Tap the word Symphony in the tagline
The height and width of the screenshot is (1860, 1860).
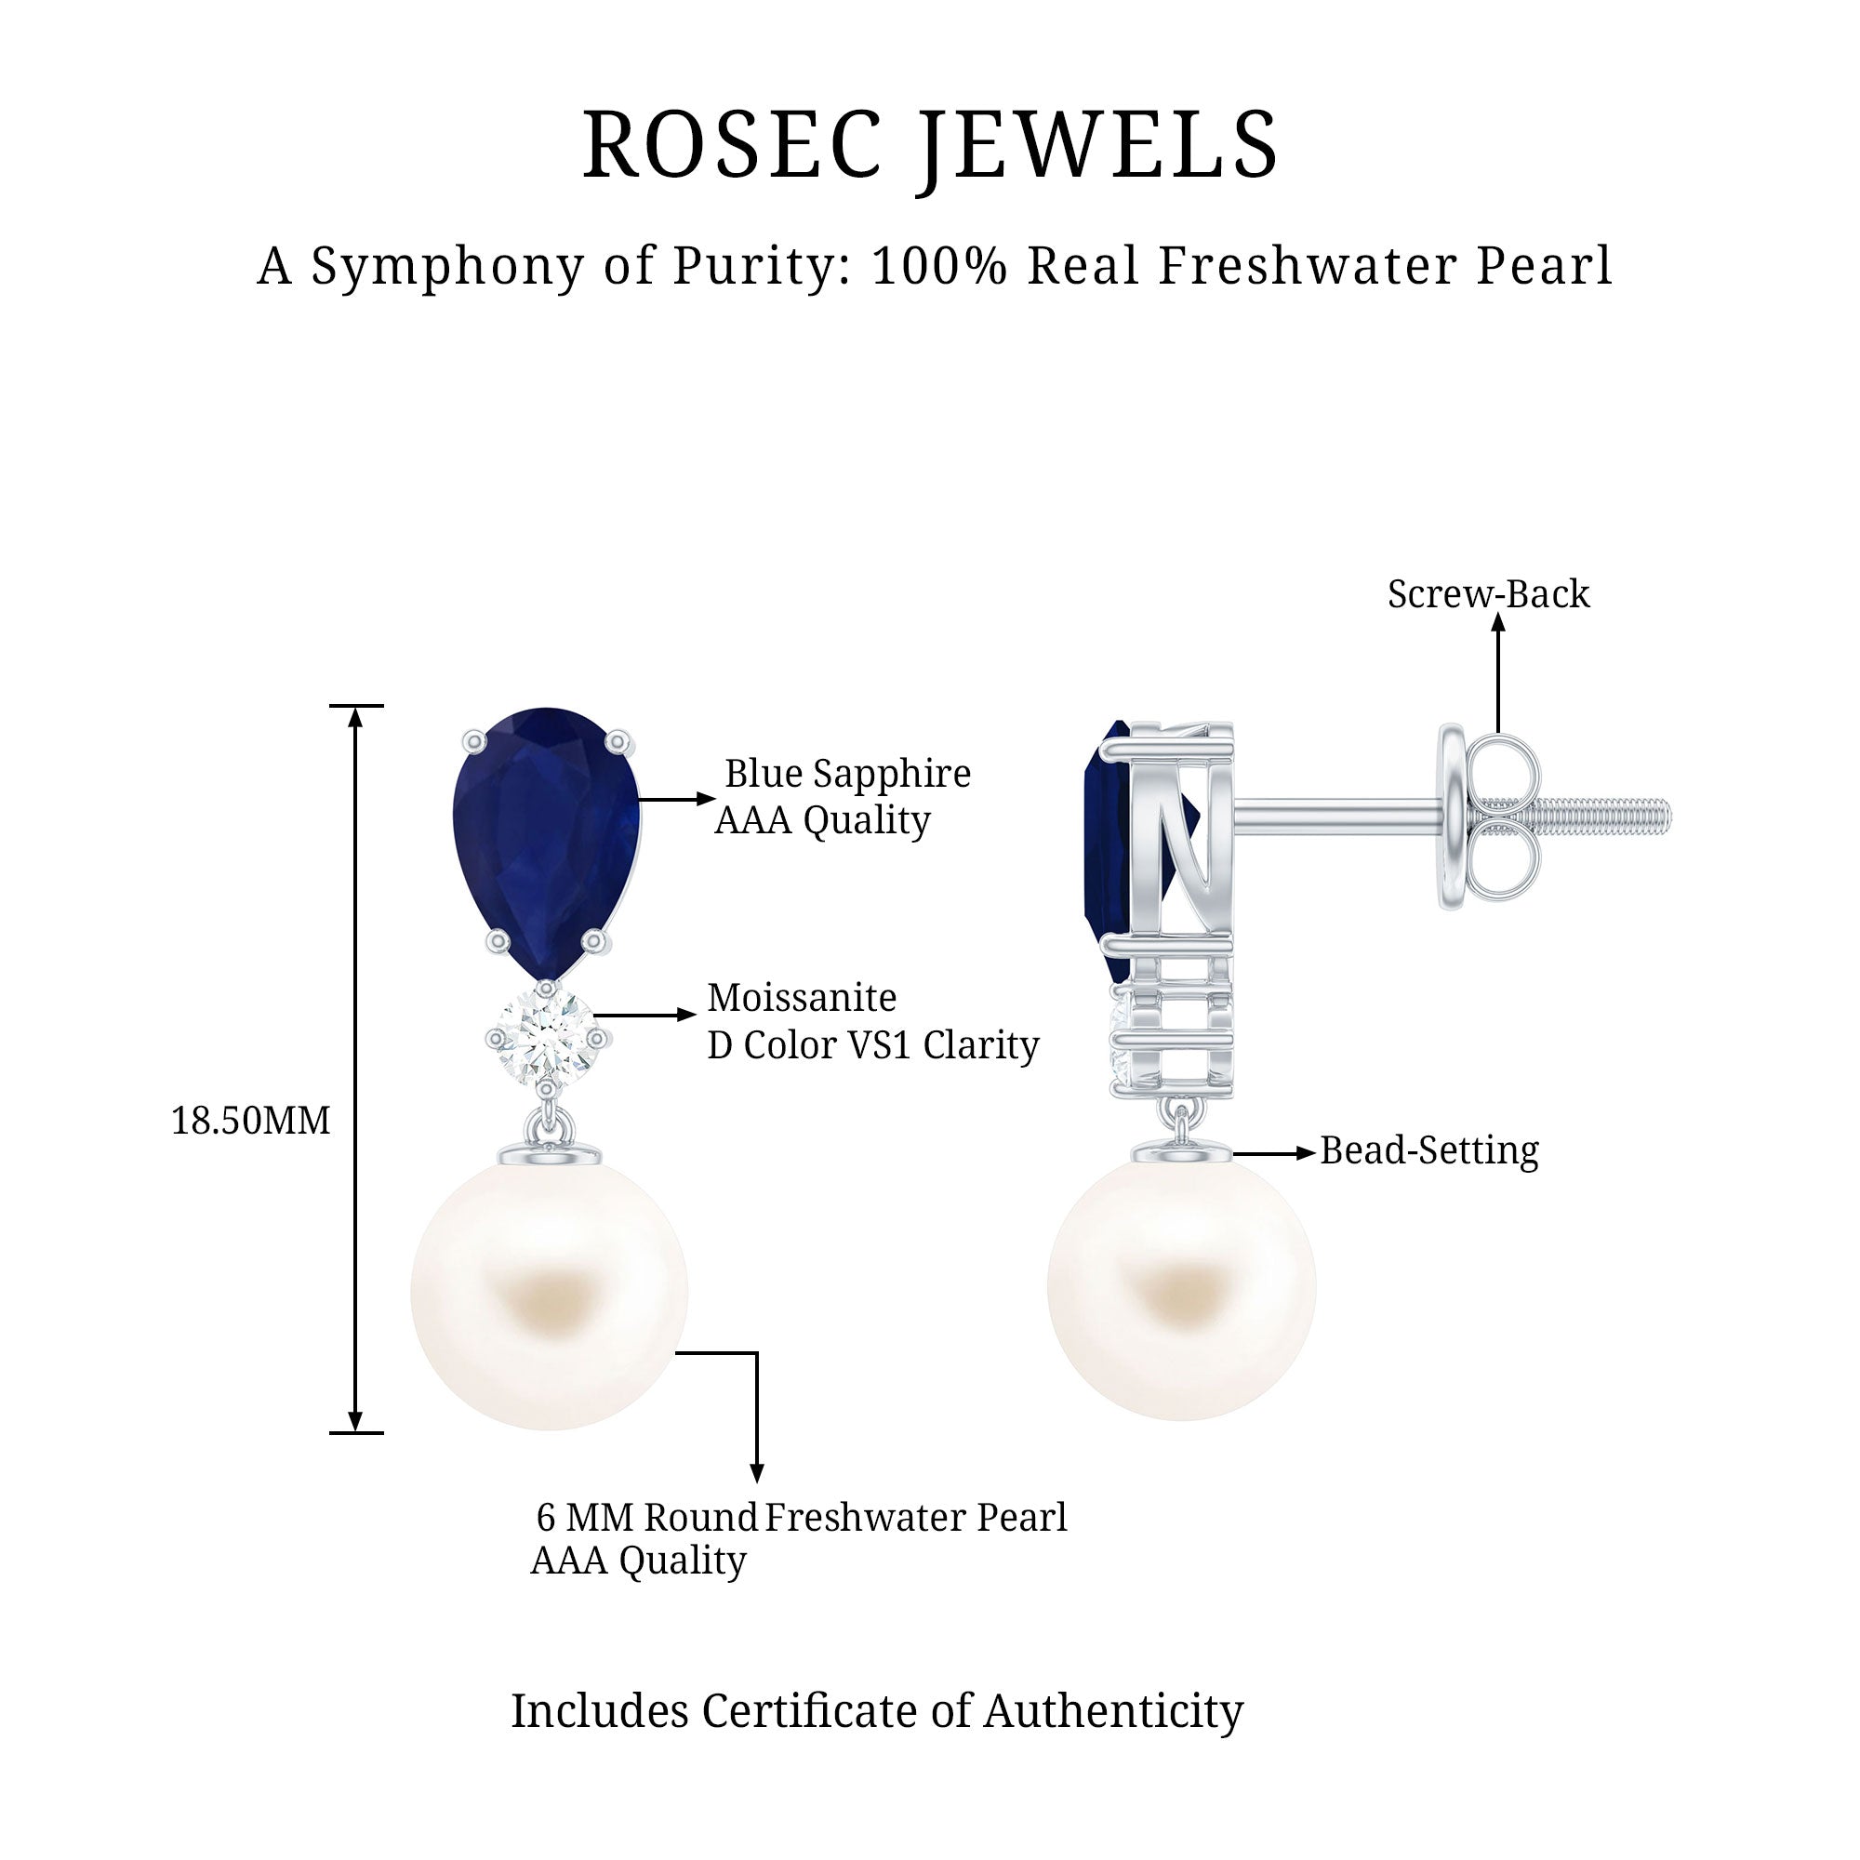pyautogui.click(x=445, y=266)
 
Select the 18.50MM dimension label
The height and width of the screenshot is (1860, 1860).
pyautogui.click(x=250, y=1121)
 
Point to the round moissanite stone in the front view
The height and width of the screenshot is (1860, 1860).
pyautogui.click(x=545, y=1038)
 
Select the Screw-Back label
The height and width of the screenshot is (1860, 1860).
pyautogui.click(x=1487, y=594)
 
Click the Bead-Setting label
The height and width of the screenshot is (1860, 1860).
pyautogui.click(x=1428, y=1150)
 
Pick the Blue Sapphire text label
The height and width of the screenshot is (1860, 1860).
pyautogui.click(x=847, y=774)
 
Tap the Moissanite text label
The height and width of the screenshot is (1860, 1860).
pyautogui.click(x=802, y=997)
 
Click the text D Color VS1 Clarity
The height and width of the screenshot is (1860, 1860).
pyautogui.click(x=873, y=1045)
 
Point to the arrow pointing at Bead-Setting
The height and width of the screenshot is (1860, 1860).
pyautogui.click(x=1273, y=1152)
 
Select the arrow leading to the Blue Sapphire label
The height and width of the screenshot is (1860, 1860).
pyautogui.click(x=676, y=798)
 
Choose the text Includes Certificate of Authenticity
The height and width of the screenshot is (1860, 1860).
pyautogui.click(x=876, y=1711)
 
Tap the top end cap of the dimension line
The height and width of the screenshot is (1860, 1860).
pyautogui.click(x=356, y=706)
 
